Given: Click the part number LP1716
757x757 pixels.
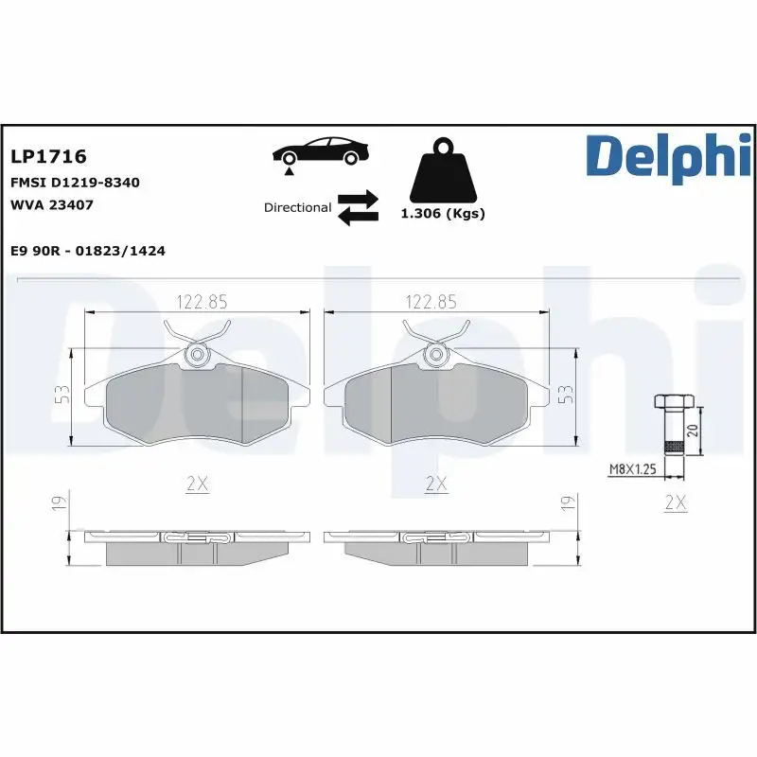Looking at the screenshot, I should [x=48, y=155].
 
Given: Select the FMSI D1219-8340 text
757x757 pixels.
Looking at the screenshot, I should [x=75, y=182].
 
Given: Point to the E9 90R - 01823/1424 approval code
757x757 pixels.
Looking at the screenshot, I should [x=88, y=251].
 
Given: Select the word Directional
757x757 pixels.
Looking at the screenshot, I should [x=297, y=207].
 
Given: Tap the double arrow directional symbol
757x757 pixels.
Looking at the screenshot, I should [x=358, y=207].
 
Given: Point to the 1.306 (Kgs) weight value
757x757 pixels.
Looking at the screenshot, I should [x=443, y=214].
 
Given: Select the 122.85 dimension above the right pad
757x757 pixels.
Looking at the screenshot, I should [x=431, y=302].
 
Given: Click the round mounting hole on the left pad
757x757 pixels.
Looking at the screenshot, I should [x=197, y=356].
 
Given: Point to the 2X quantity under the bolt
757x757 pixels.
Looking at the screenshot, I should [x=675, y=502].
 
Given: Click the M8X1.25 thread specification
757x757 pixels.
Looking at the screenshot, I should [x=633, y=467].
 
